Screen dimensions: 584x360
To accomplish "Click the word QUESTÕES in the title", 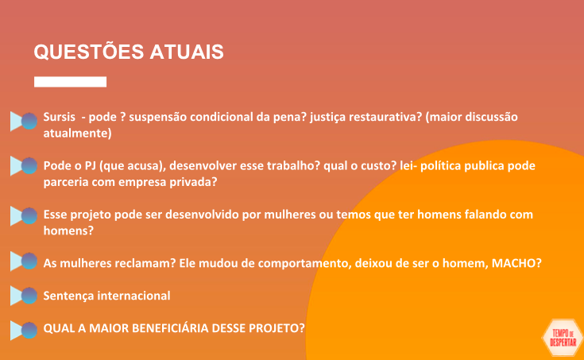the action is pos(89,51).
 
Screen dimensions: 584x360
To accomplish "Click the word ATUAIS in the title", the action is pos(187,52).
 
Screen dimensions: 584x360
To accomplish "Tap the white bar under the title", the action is pos(71,82).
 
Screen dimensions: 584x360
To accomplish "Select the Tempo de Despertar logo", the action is pos(563,338).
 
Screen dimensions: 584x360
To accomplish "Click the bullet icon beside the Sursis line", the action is pos(24,121).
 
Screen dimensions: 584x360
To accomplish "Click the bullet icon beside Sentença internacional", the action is pos(24,296).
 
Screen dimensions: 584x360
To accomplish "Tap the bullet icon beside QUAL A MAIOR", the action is pos(24,330).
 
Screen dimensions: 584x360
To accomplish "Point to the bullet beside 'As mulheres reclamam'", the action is pos(24,261).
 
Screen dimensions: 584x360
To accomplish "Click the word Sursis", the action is pos(60,117).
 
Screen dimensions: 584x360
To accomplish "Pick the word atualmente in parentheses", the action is pos(76,133).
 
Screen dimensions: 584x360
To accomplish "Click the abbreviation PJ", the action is pos(90,166).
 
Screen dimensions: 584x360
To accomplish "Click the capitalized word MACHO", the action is pos(513,263).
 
